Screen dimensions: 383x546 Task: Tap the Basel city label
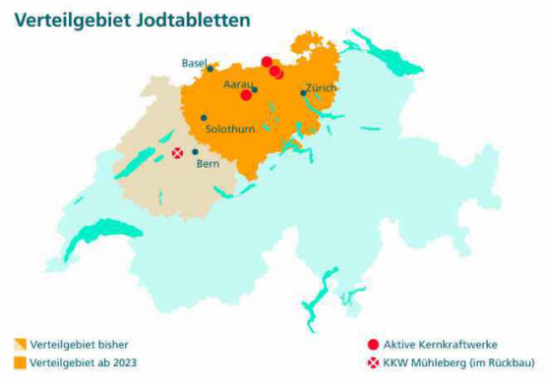pos(193,63)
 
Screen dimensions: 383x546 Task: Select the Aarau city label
pos(238,85)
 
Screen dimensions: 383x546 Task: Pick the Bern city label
pos(208,164)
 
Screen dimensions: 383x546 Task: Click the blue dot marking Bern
pos(195,151)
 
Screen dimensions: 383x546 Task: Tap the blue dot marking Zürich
pos(303,93)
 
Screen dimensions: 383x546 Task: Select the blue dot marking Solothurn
pos(204,118)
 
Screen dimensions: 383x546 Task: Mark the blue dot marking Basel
pos(211,68)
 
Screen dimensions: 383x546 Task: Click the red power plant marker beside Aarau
pos(246,95)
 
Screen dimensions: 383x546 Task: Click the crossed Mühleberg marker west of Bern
pos(178,153)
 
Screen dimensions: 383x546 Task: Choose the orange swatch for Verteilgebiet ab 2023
pos(20,362)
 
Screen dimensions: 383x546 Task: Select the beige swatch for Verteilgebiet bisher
pos(20,345)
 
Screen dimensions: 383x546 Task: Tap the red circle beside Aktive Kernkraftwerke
pos(372,345)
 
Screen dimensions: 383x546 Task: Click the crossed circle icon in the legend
pos(372,362)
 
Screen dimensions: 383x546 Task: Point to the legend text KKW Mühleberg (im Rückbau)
pos(451,362)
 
